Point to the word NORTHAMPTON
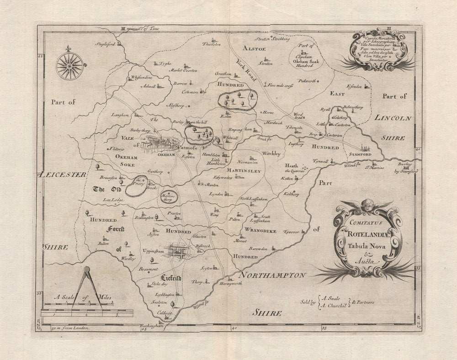pos(271,276)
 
